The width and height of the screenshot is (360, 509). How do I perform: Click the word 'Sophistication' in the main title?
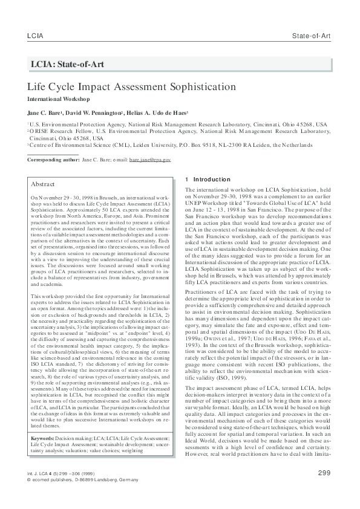[x=197, y=86]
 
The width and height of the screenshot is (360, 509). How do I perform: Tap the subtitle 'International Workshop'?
[x=58, y=99]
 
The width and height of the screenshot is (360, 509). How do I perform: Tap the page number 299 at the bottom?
[x=323, y=472]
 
